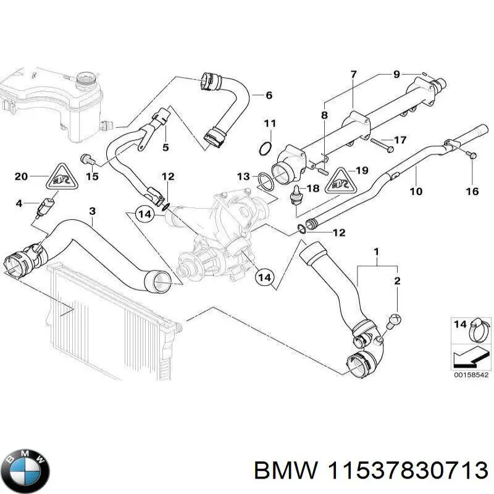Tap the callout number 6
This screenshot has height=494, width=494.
tap(269, 95)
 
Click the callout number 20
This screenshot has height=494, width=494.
tap(21, 177)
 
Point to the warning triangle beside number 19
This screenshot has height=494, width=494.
tap(340, 178)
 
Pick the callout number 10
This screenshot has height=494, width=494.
tap(416, 191)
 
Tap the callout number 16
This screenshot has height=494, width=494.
tap(472, 191)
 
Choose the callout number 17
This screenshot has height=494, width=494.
tap(400, 139)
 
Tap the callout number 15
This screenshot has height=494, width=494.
tap(91, 177)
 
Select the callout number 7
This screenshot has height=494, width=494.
tap(353, 75)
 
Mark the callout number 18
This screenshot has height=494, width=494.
tap(313, 188)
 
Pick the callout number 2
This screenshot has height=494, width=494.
tap(397, 281)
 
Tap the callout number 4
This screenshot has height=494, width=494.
tap(19, 203)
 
